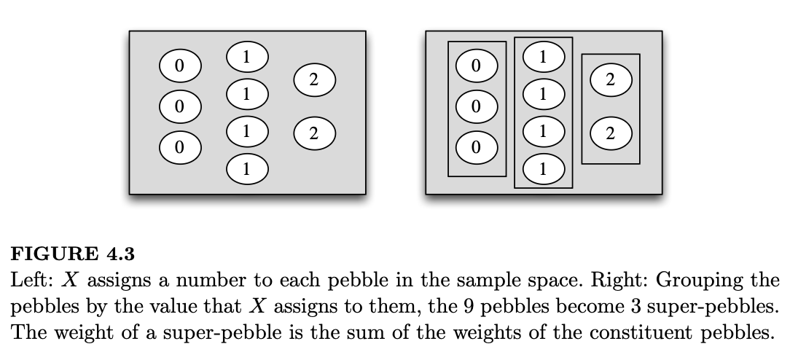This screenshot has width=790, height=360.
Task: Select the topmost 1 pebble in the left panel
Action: pos(247,55)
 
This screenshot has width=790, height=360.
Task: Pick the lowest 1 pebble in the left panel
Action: pos(247,169)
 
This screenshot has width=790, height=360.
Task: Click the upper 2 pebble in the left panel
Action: pos(313,79)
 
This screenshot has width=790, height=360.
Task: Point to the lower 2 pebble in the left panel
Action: pos(313,133)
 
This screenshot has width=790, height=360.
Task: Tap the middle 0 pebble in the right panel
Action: pos(477,106)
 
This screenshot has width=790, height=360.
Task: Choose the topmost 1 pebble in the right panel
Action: pos(543,55)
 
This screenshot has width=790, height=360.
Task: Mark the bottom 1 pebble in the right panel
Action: pos(543,169)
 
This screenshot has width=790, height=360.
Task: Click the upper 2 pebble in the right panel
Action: pos(610,79)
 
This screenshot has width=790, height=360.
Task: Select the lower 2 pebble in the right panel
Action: pos(610,133)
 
